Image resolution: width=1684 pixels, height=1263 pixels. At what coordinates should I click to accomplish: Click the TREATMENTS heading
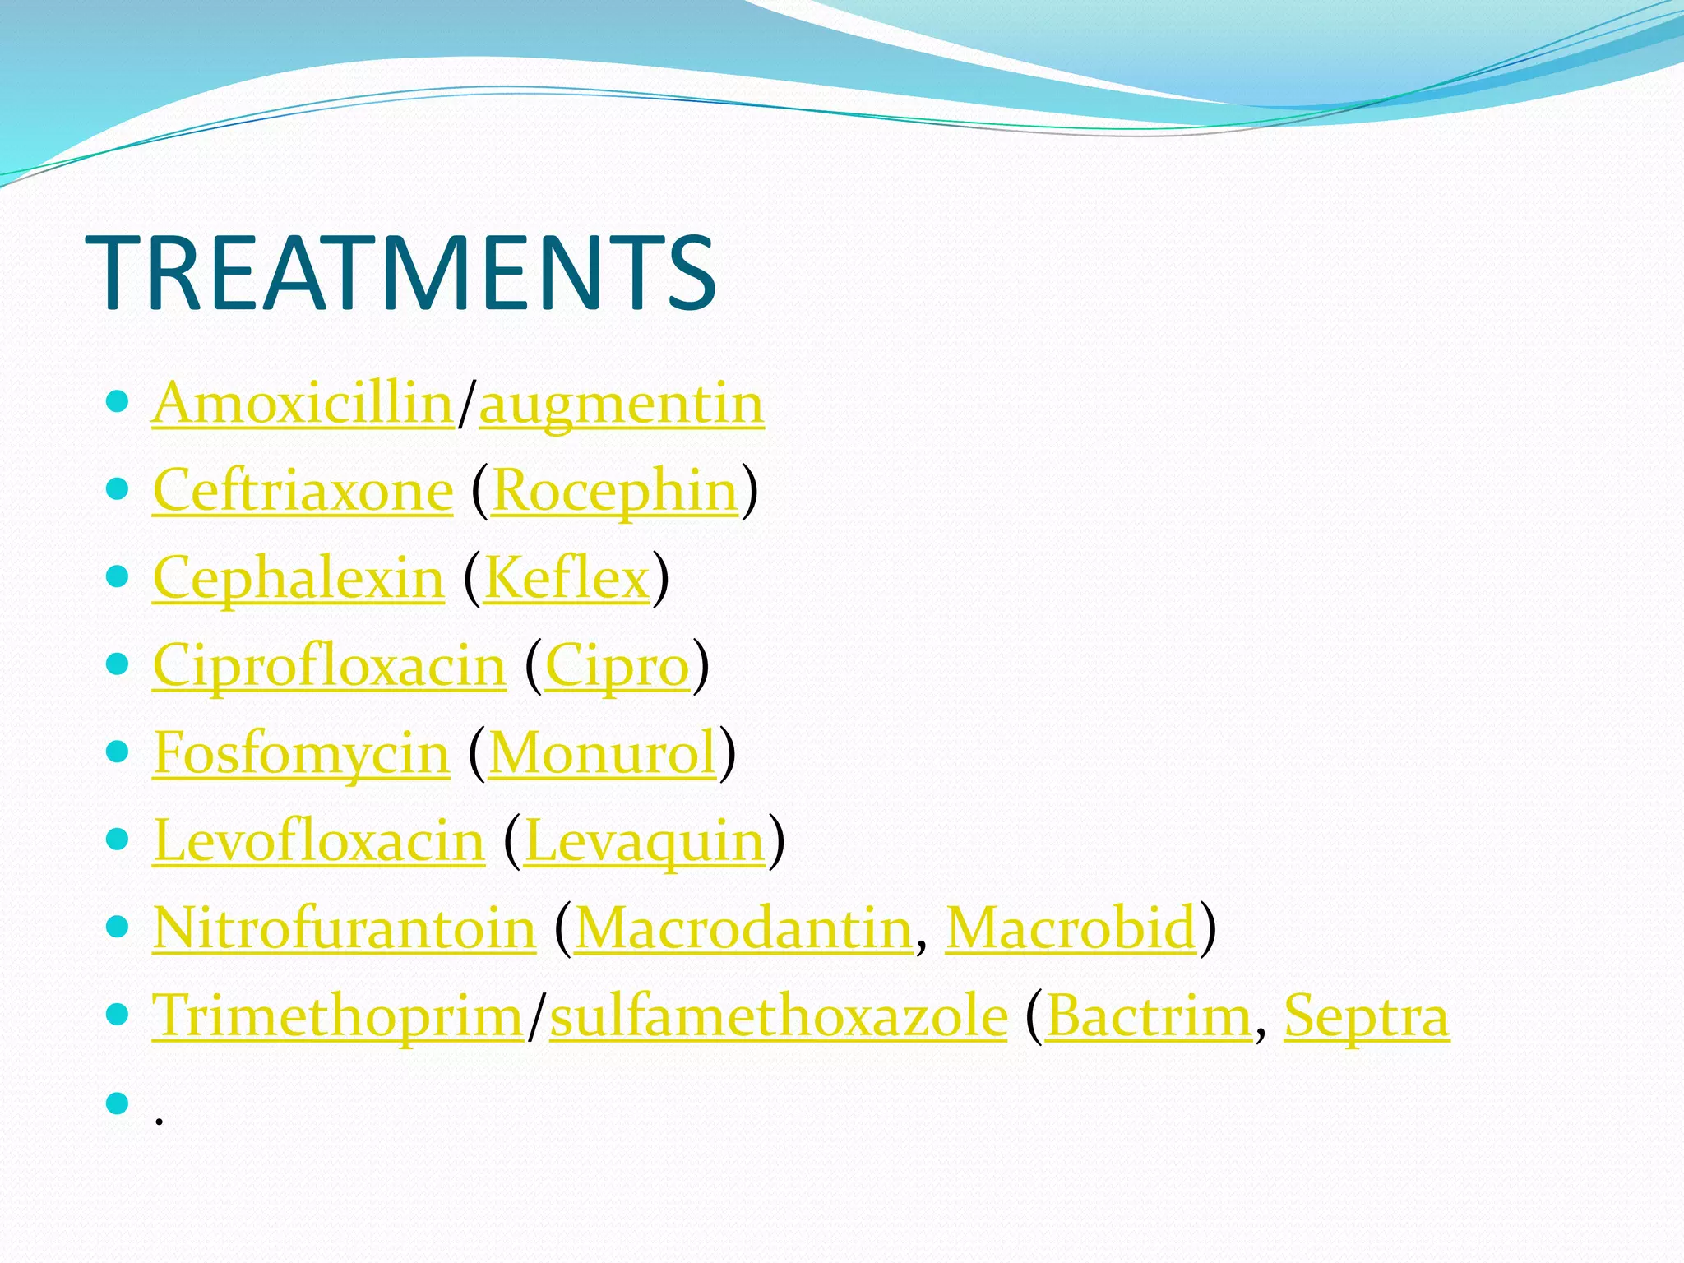(400, 273)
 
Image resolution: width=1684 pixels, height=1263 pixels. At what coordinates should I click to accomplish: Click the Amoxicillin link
(303, 404)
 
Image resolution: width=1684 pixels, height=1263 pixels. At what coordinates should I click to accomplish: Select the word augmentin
(622, 404)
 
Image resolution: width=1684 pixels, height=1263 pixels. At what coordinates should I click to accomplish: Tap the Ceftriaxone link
(303, 491)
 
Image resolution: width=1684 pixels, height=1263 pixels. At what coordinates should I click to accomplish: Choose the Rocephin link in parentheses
(615, 491)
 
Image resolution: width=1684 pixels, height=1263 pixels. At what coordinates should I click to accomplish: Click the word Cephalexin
(298, 578)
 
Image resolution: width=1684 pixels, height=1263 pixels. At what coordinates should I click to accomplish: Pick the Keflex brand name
(567, 578)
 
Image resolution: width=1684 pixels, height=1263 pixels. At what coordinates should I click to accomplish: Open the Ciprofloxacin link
(329, 665)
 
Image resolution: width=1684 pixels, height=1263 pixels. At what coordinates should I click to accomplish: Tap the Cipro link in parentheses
(617, 665)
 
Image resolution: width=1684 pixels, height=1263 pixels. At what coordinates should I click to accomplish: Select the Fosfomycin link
(301, 753)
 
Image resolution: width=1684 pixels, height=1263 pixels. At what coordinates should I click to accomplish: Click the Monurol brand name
(603, 753)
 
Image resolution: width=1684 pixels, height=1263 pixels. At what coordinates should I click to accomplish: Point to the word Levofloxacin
(319, 841)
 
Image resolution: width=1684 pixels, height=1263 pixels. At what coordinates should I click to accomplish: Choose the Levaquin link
(645, 841)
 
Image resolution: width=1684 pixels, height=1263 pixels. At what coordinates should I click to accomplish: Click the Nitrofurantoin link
(344, 928)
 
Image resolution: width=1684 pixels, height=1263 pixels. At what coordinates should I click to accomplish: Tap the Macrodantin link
(743, 928)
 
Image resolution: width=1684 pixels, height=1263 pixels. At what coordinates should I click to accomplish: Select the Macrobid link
(1071, 928)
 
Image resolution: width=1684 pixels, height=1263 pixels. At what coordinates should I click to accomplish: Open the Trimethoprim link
(338, 1016)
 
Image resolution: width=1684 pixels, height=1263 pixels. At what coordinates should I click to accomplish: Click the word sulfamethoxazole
(778, 1016)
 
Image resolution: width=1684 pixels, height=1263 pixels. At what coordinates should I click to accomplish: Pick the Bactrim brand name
(1149, 1016)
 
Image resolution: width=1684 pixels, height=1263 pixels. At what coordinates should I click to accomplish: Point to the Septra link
(1366, 1016)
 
